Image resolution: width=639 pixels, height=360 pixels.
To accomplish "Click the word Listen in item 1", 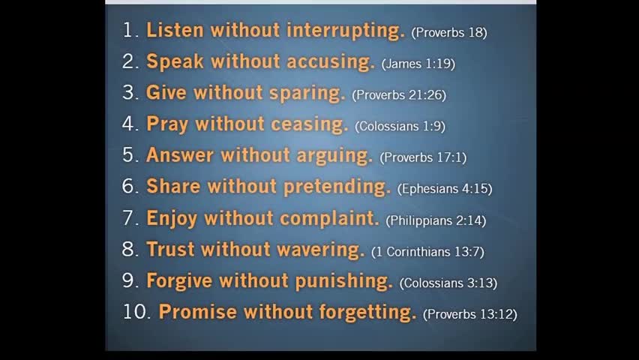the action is (x=175, y=30).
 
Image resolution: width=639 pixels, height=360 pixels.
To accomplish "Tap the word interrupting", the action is (x=346, y=31).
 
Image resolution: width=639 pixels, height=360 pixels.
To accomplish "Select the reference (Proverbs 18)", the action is (x=449, y=32).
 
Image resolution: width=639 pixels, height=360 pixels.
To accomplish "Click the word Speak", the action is (x=175, y=62).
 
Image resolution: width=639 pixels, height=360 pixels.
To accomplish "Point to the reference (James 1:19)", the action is (x=418, y=64).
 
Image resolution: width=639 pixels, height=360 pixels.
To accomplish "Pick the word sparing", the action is (x=307, y=94).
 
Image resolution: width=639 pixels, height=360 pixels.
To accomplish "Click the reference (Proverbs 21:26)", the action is (x=399, y=95).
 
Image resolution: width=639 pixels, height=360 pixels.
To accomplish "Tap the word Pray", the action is (x=167, y=124).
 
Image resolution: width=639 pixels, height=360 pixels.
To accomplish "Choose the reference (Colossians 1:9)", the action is (x=400, y=127).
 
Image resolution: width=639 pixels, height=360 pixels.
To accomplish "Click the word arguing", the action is (x=334, y=156).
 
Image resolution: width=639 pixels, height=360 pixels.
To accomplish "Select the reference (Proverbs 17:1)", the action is (x=423, y=157).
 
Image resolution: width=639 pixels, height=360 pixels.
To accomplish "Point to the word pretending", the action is (x=337, y=187).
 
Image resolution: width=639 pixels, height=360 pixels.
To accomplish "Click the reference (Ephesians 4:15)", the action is (x=445, y=189).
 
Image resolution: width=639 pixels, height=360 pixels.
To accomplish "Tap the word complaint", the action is (x=329, y=218).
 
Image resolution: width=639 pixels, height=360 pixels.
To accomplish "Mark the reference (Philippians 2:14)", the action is (x=436, y=220).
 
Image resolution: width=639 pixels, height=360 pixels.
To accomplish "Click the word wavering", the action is (x=321, y=250).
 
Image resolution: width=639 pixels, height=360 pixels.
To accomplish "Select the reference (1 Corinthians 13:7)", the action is (x=428, y=251).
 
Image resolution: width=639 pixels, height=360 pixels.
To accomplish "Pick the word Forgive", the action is (x=179, y=281).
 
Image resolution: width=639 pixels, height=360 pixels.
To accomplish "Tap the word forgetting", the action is (x=368, y=312).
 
